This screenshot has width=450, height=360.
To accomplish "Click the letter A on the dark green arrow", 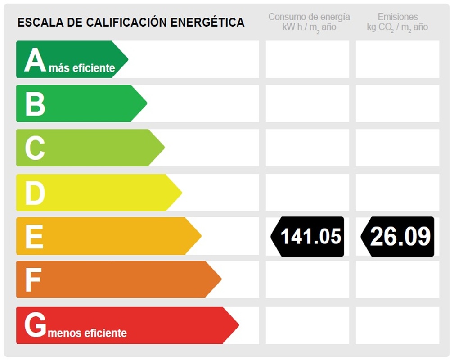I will click(x=35, y=60).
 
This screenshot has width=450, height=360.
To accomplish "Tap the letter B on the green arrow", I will click(x=35, y=103).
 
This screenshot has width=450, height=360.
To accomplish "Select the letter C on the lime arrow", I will click(x=35, y=148).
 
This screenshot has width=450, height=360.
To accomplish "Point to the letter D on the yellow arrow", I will click(x=35, y=193).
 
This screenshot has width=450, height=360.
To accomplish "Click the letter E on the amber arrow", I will click(x=34, y=236).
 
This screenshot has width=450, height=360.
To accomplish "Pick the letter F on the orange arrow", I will click(x=33, y=280).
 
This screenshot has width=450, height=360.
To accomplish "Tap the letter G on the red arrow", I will click(x=35, y=325).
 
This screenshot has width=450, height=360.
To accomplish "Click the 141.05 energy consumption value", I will click(x=310, y=236).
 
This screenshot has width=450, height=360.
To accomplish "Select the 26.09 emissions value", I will click(x=400, y=236).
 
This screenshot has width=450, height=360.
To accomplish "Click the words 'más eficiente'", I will click(x=82, y=68).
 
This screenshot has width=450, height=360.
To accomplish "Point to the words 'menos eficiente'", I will click(x=87, y=333).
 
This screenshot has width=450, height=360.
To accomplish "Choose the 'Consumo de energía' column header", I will click(x=309, y=17).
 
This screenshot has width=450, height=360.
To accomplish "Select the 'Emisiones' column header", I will click(x=398, y=17).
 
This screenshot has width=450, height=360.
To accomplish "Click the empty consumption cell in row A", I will click(x=307, y=59).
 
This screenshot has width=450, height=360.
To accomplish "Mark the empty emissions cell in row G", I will click(x=397, y=325).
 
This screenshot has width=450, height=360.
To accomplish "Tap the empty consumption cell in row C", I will click(x=307, y=148).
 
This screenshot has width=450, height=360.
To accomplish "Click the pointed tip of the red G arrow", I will click(x=238, y=325).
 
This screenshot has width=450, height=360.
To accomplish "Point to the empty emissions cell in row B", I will click(x=397, y=103).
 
